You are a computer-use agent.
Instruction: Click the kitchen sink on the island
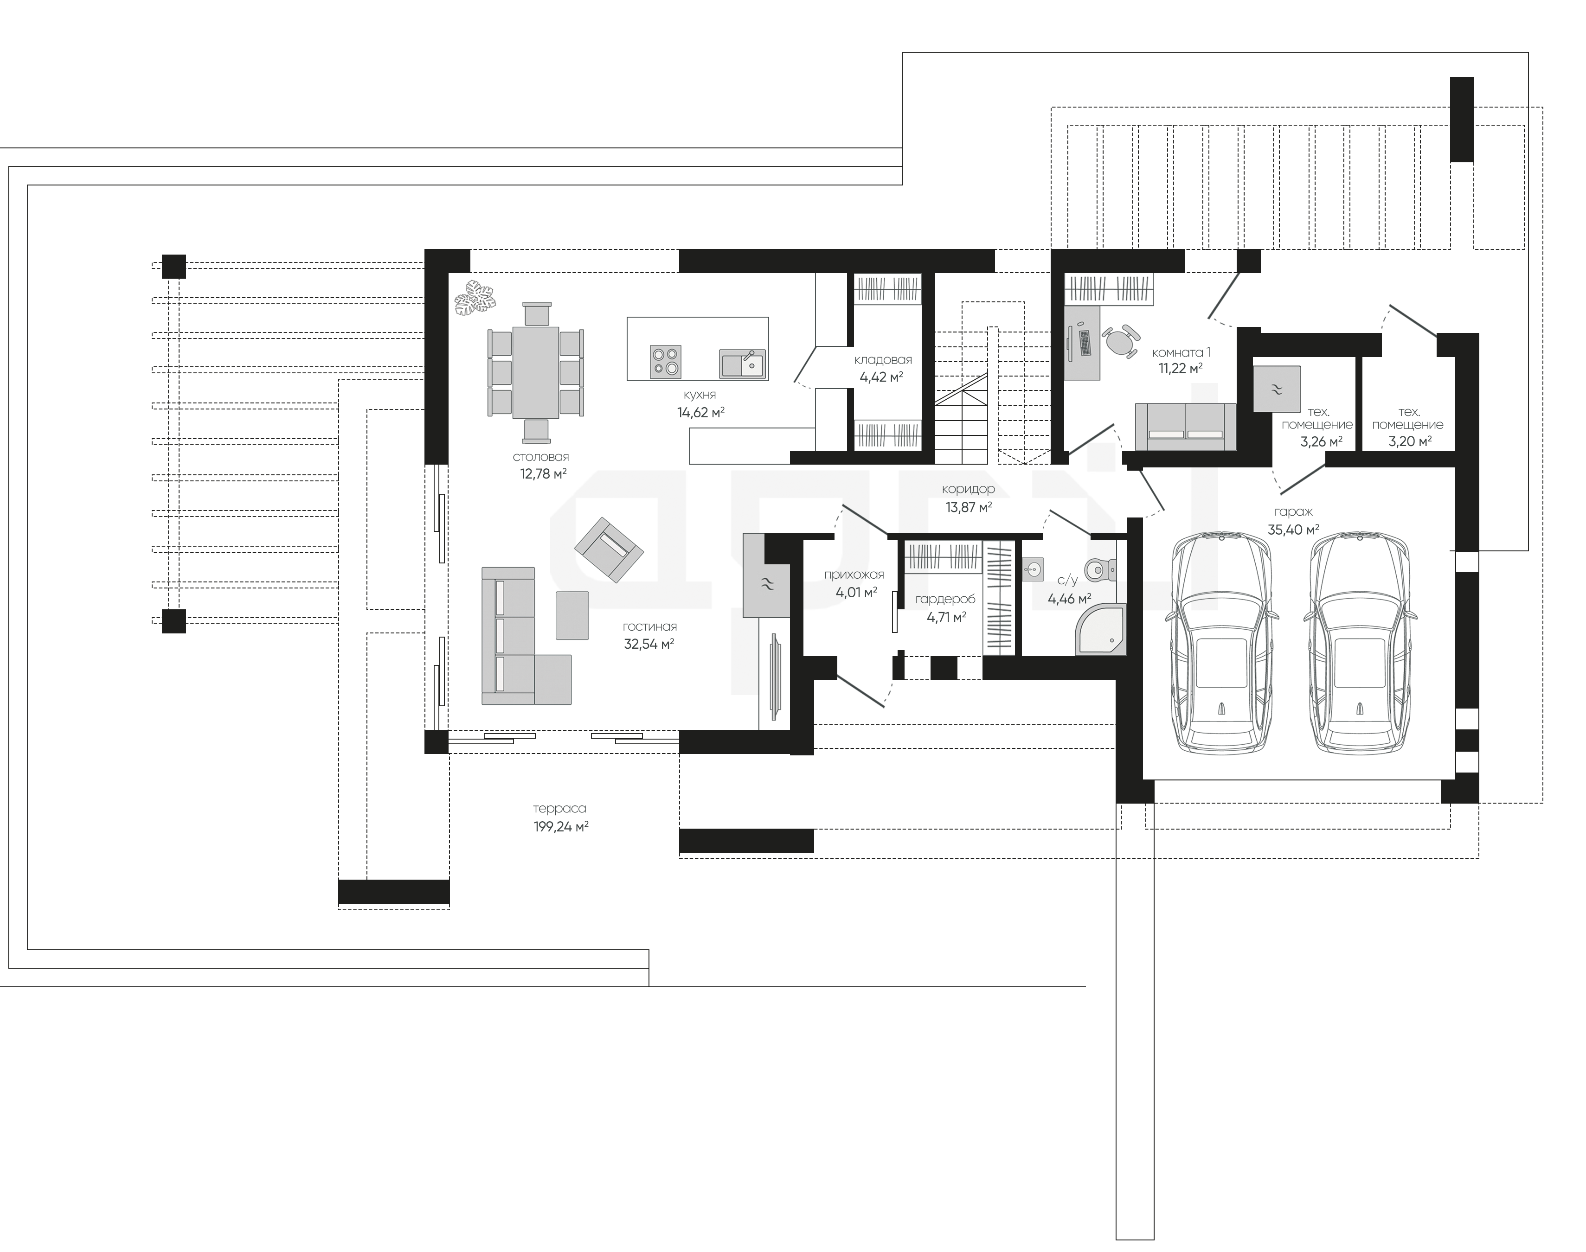pyautogui.click(x=743, y=363)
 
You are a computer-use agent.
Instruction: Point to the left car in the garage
pyautogui.click(x=1221, y=643)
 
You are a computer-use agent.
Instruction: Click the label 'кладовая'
pyautogui.click(x=883, y=360)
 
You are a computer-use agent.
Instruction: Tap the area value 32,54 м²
pyautogui.click(x=649, y=645)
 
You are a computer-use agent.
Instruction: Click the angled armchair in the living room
pyautogui.click(x=609, y=550)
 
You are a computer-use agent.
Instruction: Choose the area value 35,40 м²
pyautogui.click(x=1293, y=529)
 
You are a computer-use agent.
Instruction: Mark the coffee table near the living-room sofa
pyautogui.click(x=572, y=615)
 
